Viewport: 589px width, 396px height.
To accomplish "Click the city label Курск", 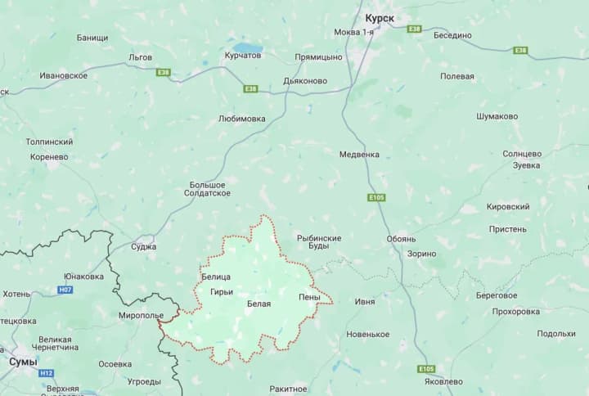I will tap(380, 16).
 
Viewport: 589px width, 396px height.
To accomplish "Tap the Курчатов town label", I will tap(243, 56).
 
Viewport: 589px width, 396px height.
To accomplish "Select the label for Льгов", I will tap(141, 57).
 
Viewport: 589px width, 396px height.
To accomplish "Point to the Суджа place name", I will tap(143, 246).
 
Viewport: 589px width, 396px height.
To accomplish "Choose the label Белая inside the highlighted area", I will tap(259, 304).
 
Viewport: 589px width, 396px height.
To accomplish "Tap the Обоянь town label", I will tap(402, 239).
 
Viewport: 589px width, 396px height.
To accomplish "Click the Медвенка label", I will tap(360, 153).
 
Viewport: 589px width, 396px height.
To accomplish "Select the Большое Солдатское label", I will tap(209, 189).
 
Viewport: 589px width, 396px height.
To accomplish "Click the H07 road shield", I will tap(65, 290).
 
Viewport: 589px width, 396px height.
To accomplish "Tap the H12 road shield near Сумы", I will tap(46, 373).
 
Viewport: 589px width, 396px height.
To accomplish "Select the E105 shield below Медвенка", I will tap(376, 197).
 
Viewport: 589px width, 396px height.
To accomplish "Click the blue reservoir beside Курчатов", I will tap(244, 46).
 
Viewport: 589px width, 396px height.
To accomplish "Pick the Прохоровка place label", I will tap(516, 311).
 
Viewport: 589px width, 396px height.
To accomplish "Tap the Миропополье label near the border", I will tap(141, 315).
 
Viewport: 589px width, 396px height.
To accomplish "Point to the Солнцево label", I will tap(522, 153).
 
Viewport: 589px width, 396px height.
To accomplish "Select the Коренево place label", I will tap(49, 155).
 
